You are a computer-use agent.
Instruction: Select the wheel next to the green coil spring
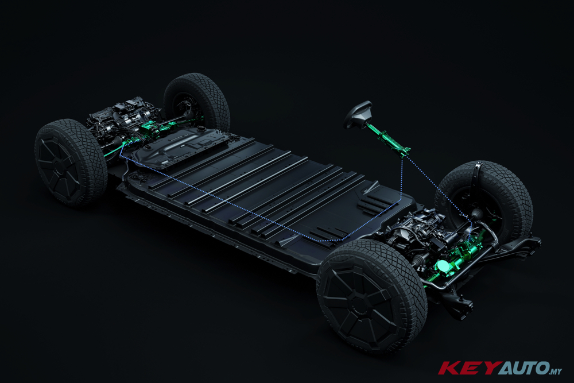(371, 297)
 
